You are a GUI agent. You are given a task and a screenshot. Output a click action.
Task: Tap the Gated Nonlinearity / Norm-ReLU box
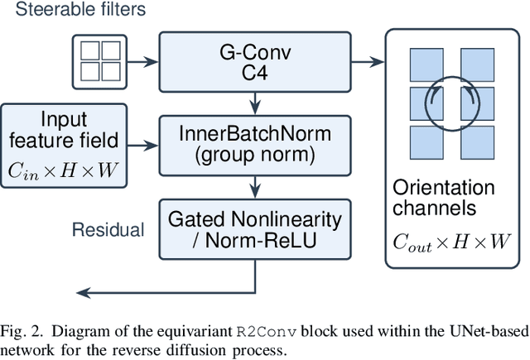(255, 229)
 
